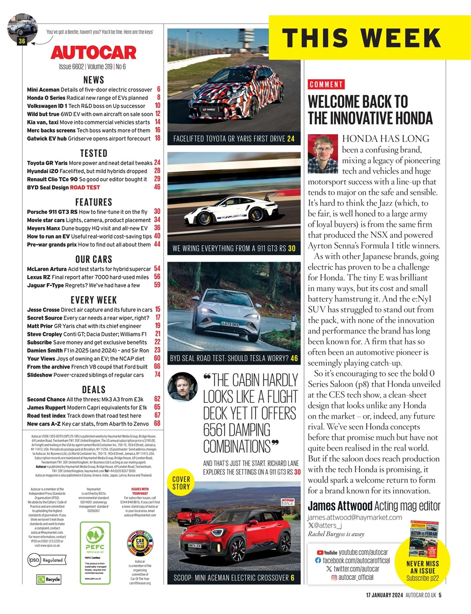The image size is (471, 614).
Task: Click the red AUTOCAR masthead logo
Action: [93, 52]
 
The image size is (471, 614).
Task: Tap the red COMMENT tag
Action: [326, 84]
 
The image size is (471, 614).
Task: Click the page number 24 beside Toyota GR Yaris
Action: [157, 163]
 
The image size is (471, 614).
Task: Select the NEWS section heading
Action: [94, 80]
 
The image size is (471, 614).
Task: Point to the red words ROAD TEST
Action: [85, 187]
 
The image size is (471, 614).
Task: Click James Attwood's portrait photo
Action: [323, 153]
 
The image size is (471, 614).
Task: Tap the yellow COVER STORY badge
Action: [181, 483]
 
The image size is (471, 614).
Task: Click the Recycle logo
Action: [49, 579]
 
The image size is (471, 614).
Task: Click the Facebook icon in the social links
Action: [318, 560]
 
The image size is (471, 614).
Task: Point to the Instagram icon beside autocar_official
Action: [334, 578]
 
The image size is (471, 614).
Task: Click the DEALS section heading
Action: [94, 390]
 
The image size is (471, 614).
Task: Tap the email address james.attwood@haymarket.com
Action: [354, 517]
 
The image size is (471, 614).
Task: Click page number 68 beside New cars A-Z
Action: [157, 424]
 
